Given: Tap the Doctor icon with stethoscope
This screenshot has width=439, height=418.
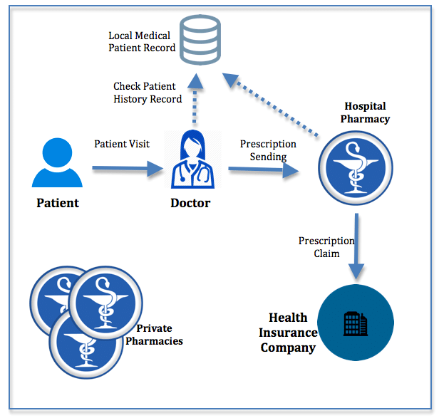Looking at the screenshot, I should (x=190, y=162).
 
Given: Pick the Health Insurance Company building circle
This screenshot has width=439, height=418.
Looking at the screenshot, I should (x=355, y=324).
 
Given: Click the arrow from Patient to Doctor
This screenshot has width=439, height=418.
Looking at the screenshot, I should (x=128, y=169).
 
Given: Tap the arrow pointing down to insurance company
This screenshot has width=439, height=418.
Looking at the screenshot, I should (x=356, y=246).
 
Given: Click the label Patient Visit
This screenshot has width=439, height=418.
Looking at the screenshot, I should (x=122, y=144).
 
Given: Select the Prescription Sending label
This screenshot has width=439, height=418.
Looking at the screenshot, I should (x=268, y=150).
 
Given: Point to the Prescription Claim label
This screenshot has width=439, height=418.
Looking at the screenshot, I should (x=326, y=247).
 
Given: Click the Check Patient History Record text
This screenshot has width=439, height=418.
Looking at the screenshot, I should (x=148, y=93).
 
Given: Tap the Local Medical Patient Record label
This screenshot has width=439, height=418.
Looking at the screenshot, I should (x=142, y=41).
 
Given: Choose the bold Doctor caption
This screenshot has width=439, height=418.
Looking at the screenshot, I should (x=190, y=203).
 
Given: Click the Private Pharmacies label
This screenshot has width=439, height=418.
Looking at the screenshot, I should (x=160, y=335).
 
